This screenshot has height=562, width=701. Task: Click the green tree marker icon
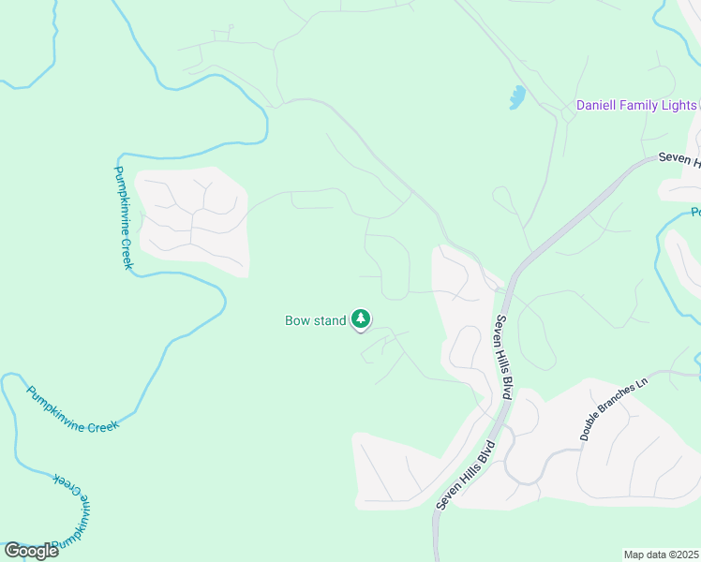(361, 320)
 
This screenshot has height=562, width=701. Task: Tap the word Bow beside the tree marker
(298, 321)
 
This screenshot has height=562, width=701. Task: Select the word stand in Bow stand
(330, 321)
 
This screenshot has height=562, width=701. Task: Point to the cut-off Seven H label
(679, 160)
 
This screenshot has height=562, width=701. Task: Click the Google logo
(31, 551)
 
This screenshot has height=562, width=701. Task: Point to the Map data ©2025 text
(662, 555)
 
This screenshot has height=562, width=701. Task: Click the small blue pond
(516, 97)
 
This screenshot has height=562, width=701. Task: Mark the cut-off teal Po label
(695, 213)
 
